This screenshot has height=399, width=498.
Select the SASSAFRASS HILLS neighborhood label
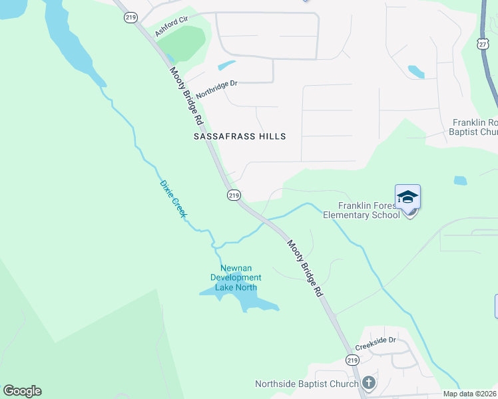[x=240, y=136]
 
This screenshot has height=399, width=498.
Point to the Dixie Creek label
[x=173, y=199]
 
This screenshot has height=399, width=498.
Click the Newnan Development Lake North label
[x=236, y=277]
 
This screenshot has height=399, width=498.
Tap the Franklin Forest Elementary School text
[x=362, y=210]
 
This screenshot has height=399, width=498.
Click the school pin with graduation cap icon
[x=407, y=198]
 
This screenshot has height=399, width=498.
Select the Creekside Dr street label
[x=375, y=343]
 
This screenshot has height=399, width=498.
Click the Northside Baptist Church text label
[x=306, y=384]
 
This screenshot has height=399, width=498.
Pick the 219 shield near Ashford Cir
[x=130, y=18]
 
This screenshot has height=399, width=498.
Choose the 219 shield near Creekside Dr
[x=352, y=359]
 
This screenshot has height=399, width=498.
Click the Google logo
[x=22, y=391]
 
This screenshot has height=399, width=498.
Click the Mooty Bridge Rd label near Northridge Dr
[x=186, y=97]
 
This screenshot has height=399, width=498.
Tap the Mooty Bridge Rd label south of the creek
[x=306, y=268]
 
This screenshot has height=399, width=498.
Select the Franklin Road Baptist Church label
[x=474, y=127]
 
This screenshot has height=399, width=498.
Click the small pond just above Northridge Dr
[x=226, y=66]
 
